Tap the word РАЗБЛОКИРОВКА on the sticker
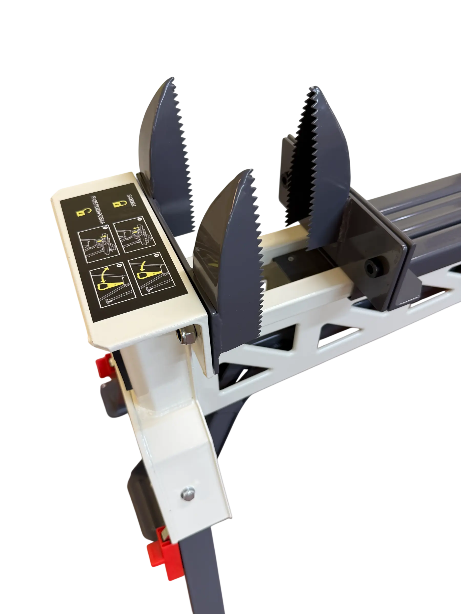point(98,210)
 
